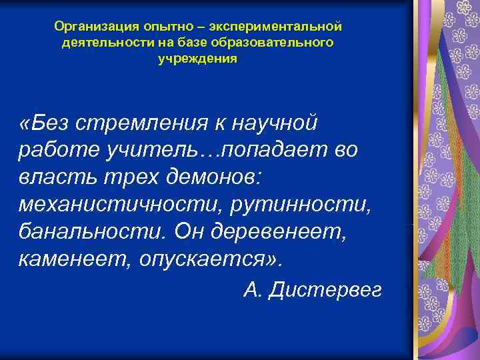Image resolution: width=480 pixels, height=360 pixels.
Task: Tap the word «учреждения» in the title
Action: (197, 58)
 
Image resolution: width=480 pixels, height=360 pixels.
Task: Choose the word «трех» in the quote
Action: (128, 177)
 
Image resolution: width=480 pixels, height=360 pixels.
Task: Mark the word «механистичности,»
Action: (121, 203)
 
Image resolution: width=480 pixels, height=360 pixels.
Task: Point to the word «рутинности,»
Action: (303, 203)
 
